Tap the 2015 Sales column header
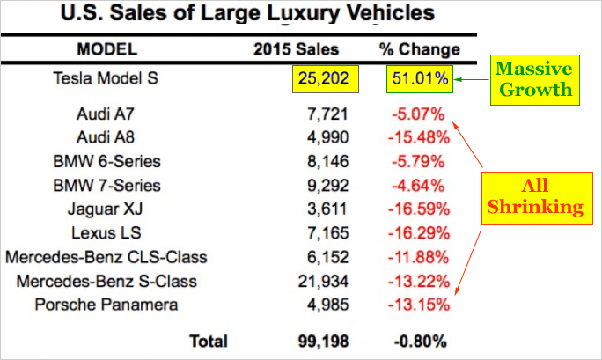[x=296, y=48]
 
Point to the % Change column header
[x=419, y=48]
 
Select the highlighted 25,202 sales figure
[x=326, y=80]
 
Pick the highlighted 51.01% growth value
[x=419, y=80]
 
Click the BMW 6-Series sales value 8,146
[x=329, y=162]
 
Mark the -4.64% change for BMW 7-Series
[x=422, y=186]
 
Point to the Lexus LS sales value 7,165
[x=329, y=233]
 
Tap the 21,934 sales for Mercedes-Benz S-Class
[x=326, y=281]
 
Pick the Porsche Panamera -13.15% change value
[x=419, y=305]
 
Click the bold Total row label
[x=207, y=340]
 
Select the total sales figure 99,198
[x=326, y=340]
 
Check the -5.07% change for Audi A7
[x=422, y=114]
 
